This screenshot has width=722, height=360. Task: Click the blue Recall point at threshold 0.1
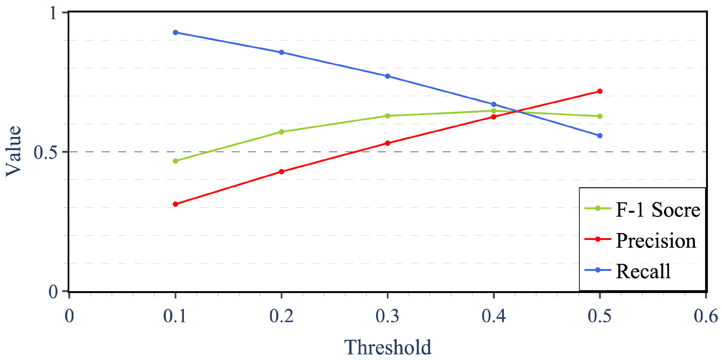pyautogui.click(x=175, y=32)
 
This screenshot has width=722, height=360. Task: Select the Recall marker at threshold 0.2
pyautogui.click(x=281, y=52)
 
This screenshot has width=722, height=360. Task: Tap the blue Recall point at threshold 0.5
pyautogui.click(x=600, y=136)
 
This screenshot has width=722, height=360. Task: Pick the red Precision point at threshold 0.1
pyautogui.click(x=175, y=204)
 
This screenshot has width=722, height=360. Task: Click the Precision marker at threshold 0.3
pyautogui.click(x=388, y=143)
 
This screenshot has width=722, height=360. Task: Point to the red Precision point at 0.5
pyautogui.click(x=600, y=91)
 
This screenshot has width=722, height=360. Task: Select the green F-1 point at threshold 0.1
pyautogui.click(x=175, y=161)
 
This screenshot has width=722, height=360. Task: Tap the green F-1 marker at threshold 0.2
pyautogui.click(x=281, y=132)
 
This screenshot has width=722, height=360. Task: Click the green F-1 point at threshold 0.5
pyautogui.click(x=600, y=116)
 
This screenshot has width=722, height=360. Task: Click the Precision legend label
pyautogui.click(x=656, y=241)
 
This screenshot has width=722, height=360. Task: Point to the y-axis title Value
pyautogui.click(x=13, y=151)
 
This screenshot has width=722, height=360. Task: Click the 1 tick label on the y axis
pyautogui.click(x=53, y=13)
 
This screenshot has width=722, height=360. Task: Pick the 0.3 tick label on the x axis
pyautogui.click(x=388, y=316)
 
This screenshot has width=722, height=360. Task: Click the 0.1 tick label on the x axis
pyautogui.click(x=175, y=316)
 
